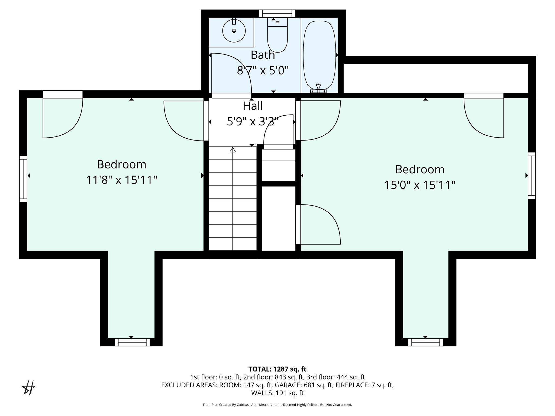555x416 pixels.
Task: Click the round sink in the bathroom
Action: pos(234,31)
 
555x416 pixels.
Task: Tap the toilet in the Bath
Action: pos(277,37)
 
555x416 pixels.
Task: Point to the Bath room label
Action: pos(263,55)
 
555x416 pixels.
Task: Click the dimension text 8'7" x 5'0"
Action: pos(263,71)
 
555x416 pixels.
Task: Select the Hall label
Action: pos(253,106)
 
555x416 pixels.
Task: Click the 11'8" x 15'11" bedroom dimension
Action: pos(122,180)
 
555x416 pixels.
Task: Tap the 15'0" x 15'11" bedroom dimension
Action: pos(420,185)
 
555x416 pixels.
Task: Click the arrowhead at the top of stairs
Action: pos(233,149)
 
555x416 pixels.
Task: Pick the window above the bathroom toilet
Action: pos(277,13)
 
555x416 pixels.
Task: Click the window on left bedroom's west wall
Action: pos(23,179)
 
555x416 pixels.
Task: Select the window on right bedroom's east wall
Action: pos(531,175)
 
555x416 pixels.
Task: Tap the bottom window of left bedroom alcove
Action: pos(132,342)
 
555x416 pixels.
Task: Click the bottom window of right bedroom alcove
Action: pos(425,342)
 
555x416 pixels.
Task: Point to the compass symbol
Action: pos(29,388)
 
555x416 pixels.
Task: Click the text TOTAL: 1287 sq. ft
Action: pos(277,369)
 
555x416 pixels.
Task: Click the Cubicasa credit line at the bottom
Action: pos(277,405)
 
